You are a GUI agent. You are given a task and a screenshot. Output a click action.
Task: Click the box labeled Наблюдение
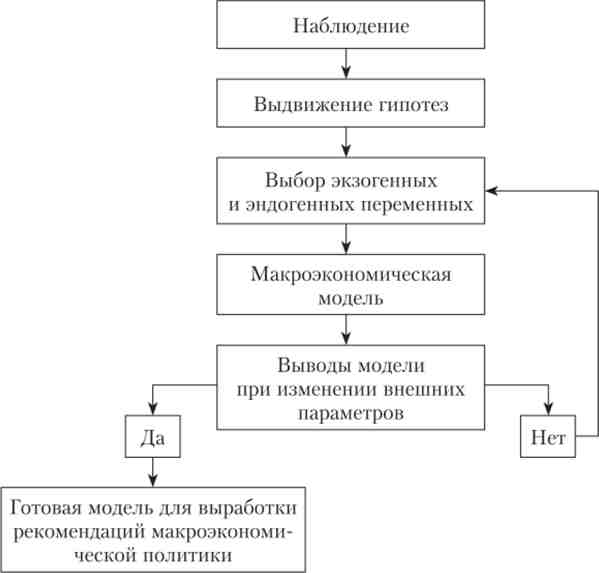351,24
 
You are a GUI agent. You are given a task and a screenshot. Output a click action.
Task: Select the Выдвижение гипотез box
351,103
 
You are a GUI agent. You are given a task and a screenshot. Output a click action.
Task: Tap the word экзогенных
384,180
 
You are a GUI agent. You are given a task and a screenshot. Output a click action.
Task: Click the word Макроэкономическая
351,274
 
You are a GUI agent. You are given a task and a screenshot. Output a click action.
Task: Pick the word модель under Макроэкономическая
351,298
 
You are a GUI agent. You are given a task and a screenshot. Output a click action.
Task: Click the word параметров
351,414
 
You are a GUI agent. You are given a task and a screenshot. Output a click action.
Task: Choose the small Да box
153,436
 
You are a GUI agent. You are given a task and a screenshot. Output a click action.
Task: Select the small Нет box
548,436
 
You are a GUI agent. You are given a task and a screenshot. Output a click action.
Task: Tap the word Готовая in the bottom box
46,508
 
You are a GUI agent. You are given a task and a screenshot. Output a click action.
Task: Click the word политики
188,555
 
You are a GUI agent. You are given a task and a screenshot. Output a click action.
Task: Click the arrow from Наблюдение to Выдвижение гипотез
346,64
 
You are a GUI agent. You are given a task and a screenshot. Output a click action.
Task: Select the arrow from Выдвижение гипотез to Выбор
346,142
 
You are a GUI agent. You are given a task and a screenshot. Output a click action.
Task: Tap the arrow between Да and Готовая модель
153,472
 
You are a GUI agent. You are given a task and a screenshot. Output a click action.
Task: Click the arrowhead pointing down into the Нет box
549,410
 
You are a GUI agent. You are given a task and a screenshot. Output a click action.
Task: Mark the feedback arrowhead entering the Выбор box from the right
491,191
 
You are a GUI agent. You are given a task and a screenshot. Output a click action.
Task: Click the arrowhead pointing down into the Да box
153,410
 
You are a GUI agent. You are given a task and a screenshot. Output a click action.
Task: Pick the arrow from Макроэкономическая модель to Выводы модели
346,330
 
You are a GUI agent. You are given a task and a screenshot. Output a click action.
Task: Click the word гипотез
413,105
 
